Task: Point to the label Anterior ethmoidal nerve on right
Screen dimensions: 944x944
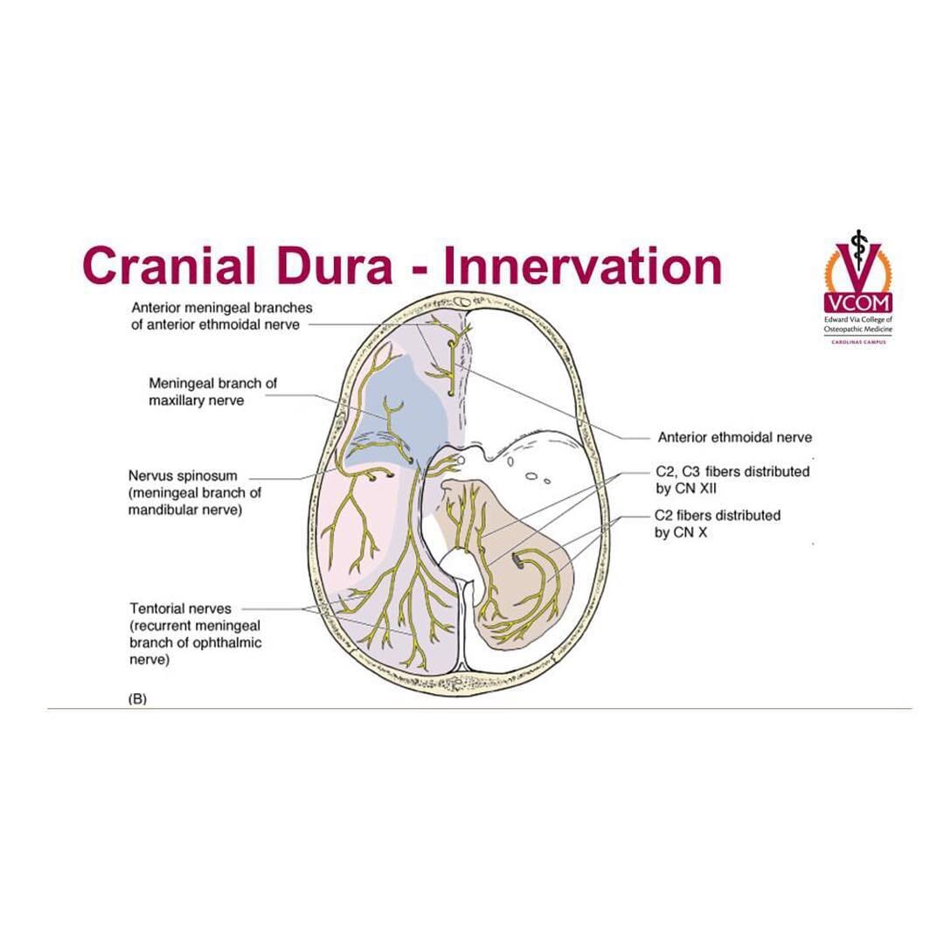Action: (735, 437)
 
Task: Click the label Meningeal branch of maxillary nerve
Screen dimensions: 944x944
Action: (213, 392)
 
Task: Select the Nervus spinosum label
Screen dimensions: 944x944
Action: (184, 476)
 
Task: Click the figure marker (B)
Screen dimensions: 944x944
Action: (137, 698)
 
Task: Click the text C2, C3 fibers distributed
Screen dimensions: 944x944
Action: (732, 472)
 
